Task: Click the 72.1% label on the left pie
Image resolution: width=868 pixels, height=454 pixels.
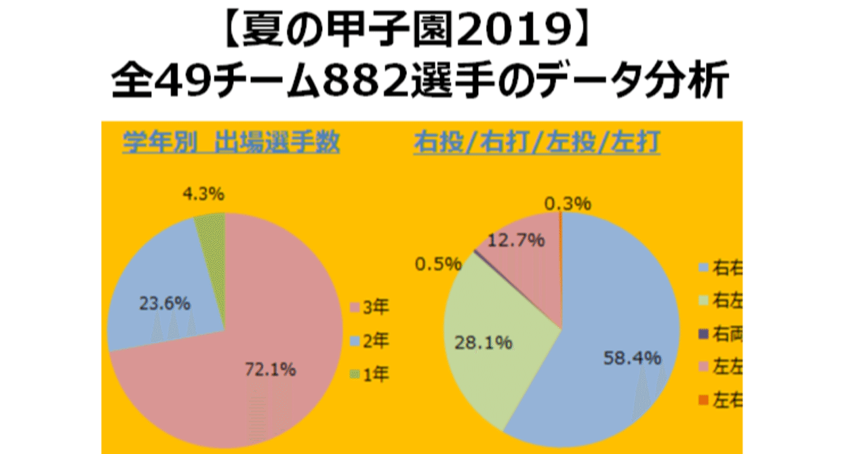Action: (x=269, y=371)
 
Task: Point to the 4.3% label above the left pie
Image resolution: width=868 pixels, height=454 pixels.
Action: (x=204, y=194)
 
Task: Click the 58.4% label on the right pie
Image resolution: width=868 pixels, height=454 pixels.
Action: (x=632, y=358)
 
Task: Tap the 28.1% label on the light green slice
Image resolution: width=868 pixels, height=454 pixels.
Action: (x=484, y=344)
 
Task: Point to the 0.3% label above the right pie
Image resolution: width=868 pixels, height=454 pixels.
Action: (x=568, y=203)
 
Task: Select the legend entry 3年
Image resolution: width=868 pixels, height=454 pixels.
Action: (x=370, y=309)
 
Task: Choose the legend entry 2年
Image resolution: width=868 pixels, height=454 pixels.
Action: (x=370, y=342)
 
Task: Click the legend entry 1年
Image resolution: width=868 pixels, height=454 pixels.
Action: (x=370, y=374)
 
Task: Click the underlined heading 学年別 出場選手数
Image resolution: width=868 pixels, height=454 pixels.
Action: (x=231, y=144)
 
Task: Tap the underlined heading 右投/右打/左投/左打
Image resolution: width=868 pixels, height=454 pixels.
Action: (x=536, y=144)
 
